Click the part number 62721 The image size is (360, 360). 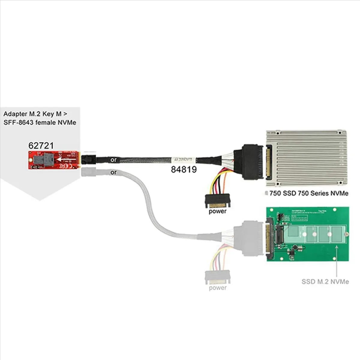point(41,145)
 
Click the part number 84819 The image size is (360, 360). point(184,169)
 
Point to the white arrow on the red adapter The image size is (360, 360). point(66,160)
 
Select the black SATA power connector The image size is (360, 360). point(217,201)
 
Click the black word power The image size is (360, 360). point(217,211)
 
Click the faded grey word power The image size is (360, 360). point(217,288)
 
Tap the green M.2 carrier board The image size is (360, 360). point(307,234)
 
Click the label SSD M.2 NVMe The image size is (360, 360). point(325,282)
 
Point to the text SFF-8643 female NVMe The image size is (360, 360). point(40,122)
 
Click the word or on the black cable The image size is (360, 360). point(113,160)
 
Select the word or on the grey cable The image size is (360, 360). point(113,173)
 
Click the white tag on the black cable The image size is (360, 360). point(183,160)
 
